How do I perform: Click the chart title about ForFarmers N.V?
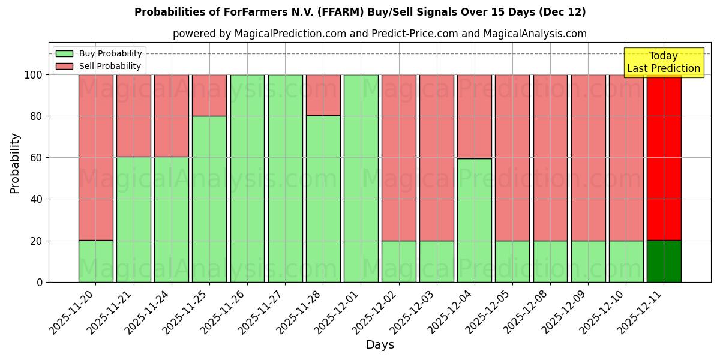(x=360, y=12)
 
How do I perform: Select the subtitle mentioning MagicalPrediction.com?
(x=379, y=34)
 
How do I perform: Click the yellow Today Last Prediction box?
(x=663, y=62)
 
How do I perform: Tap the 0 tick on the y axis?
(x=39, y=282)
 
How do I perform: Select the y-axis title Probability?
(x=15, y=163)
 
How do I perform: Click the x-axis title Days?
(x=379, y=345)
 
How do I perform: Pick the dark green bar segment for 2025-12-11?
(x=664, y=262)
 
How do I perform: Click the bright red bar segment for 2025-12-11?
(x=664, y=157)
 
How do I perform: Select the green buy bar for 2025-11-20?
(x=95, y=262)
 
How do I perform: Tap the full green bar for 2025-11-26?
(x=247, y=178)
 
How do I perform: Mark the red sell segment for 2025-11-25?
(x=209, y=95)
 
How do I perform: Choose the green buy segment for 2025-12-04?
(x=474, y=220)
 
